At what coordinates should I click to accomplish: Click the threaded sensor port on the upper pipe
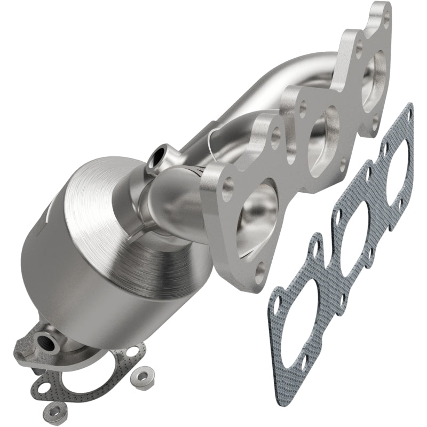coord(159,156)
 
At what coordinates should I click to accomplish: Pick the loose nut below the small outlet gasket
coord(54,410)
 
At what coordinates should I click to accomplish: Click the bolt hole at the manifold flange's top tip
coord(386,21)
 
